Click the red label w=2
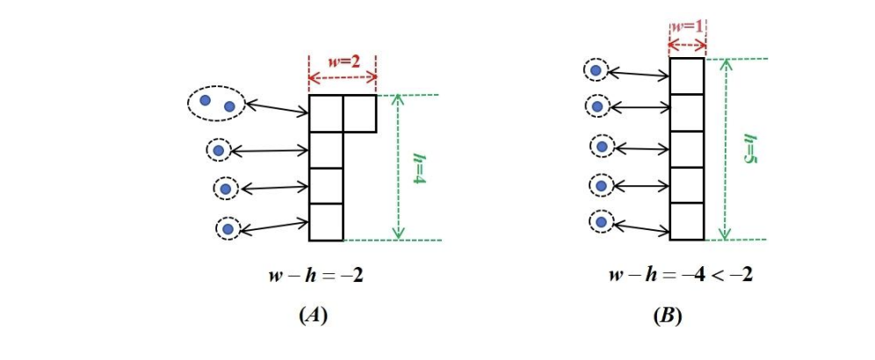(x=342, y=62)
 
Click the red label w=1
(x=686, y=26)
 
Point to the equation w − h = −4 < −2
(x=681, y=275)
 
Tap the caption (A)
(x=314, y=316)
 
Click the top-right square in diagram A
(x=359, y=112)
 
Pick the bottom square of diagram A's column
(x=326, y=221)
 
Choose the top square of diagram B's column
(x=686, y=76)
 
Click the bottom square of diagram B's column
(x=686, y=221)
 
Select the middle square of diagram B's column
(x=686, y=148)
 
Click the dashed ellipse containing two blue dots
(x=215, y=104)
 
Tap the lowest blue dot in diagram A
(x=228, y=229)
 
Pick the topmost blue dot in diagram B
(x=597, y=69)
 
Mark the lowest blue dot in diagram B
(x=601, y=222)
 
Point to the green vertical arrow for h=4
(x=398, y=167)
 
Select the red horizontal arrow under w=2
(x=342, y=79)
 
